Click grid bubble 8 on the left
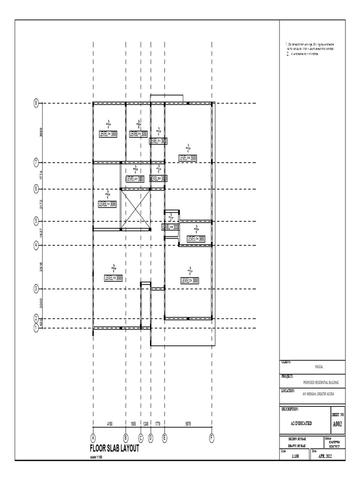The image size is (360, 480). click(x=36, y=103)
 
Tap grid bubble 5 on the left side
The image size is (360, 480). click(x=36, y=221)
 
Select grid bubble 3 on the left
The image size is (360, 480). click(x=36, y=289)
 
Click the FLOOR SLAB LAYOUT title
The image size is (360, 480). click(x=114, y=449)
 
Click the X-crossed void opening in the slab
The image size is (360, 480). click(x=135, y=209)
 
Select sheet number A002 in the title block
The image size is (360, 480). click(x=337, y=424)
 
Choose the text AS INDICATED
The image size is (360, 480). click(x=301, y=423)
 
